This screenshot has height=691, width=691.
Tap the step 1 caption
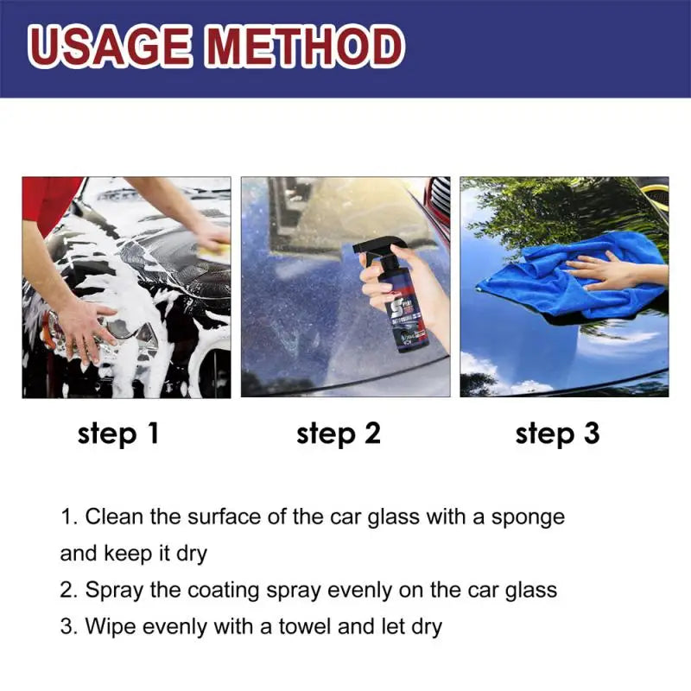pyautogui.click(x=118, y=434)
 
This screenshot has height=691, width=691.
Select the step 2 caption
pyautogui.click(x=339, y=434)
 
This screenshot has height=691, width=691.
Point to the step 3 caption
pyautogui.click(x=557, y=434)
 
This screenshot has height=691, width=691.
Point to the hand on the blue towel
pyautogui.click(x=609, y=272)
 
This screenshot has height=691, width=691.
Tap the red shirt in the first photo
pyautogui.click(x=48, y=203)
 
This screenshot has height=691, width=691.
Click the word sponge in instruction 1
pyautogui.click(x=528, y=517)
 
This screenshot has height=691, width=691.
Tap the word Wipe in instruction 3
pyautogui.click(x=111, y=626)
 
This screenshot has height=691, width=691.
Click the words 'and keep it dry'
pyautogui.click(x=134, y=553)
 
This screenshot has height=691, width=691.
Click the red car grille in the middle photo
pyautogui.click(x=440, y=203)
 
